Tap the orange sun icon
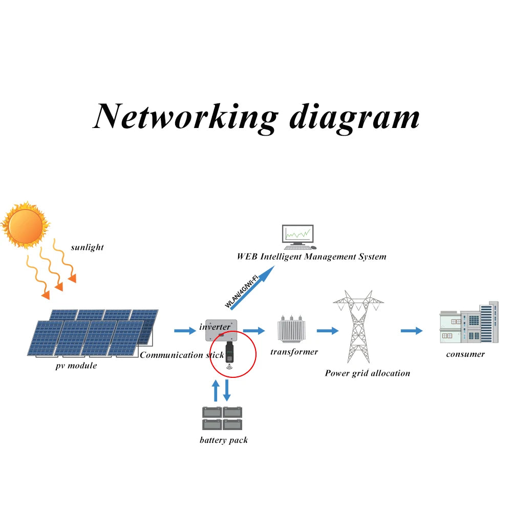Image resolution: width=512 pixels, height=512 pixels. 25,224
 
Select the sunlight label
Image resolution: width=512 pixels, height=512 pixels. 87,247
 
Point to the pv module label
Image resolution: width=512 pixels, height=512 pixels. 76,366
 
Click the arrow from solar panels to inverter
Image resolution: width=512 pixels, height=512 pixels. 185,331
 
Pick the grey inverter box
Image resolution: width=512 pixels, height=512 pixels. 220,330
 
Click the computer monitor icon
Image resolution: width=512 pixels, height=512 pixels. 297,236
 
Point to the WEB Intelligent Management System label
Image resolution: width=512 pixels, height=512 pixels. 311,257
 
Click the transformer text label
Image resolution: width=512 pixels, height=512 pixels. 294,352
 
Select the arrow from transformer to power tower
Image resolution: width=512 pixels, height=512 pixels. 328,331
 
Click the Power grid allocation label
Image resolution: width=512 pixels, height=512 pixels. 367,373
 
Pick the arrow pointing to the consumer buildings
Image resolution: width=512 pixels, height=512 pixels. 412,331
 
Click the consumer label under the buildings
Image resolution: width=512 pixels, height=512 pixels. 465,354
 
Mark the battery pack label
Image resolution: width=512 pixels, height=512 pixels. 223,440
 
